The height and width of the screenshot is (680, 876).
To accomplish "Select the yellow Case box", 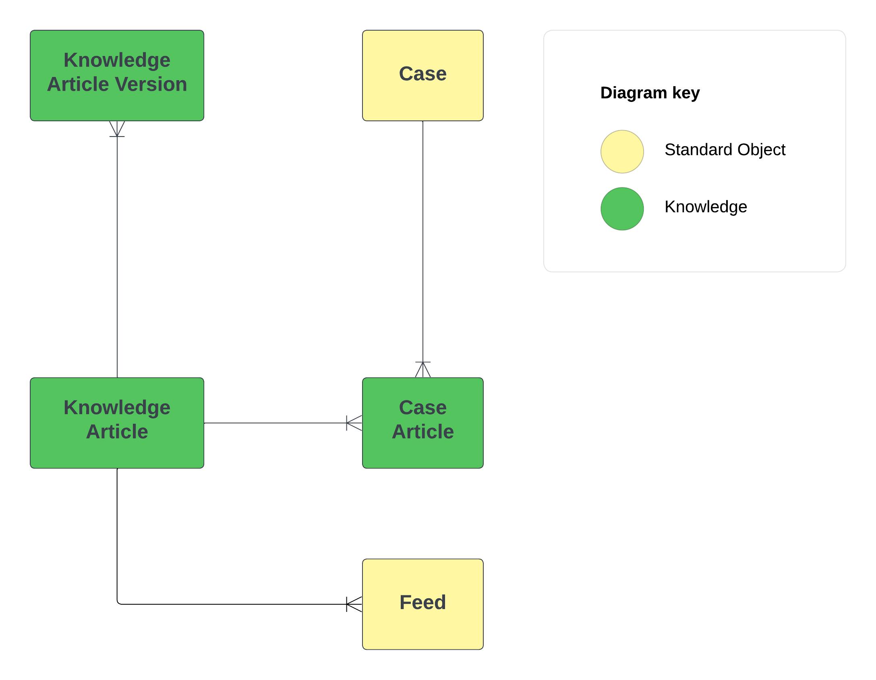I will point(422,75).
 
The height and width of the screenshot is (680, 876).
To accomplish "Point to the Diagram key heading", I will point(650,93).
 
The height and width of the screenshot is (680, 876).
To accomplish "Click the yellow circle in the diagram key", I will point(622,151).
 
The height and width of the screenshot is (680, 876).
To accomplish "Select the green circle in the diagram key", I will point(622,209).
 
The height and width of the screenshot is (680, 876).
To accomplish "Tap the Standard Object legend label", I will point(725,150).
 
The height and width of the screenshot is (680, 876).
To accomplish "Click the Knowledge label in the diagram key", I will point(706,207).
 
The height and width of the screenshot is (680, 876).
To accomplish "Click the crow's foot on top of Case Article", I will point(422,369).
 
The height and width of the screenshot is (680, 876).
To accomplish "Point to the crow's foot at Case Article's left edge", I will point(354,423).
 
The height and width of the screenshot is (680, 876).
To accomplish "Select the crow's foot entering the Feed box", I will point(354,604).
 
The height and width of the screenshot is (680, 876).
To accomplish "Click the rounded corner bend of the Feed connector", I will point(118,602).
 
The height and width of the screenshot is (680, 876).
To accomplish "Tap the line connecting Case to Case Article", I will point(422,242).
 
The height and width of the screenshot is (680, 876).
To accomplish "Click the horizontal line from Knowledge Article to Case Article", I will point(274,423).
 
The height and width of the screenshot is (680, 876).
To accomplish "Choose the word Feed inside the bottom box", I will point(422,603).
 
